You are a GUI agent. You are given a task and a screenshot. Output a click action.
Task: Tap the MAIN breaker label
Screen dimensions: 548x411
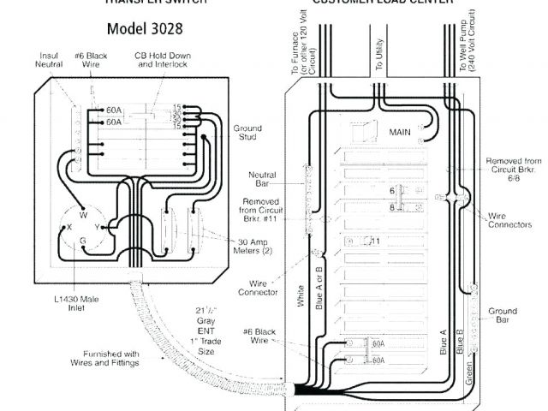[x=401, y=132]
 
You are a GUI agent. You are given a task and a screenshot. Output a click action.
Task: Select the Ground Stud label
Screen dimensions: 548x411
[x=247, y=134]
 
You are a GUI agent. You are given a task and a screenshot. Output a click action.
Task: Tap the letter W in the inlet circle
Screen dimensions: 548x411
[x=83, y=214]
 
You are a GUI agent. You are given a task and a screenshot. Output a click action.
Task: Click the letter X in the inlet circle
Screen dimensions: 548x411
[x=68, y=228]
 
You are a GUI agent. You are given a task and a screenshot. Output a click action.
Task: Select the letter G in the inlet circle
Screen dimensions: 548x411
[x=83, y=242]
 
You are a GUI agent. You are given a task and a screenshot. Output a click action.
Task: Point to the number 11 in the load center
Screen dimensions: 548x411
[x=375, y=241]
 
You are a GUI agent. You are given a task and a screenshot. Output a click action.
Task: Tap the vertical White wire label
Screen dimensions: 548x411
[x=301, y=295]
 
